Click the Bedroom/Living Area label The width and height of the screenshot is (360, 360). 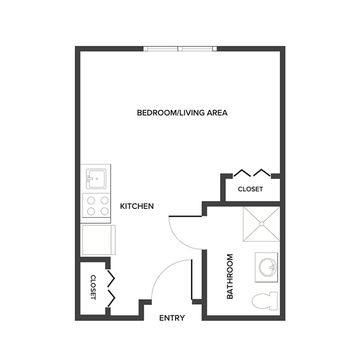point(182,113)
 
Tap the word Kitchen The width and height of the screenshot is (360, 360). point(137,206)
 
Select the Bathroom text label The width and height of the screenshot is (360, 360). point(230,276)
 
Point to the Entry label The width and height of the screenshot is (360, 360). point(172,318)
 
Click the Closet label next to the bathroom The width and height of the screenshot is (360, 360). point(250,189)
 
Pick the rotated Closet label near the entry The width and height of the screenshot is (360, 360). point(93,287)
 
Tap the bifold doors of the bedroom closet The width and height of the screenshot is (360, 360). point(251,172)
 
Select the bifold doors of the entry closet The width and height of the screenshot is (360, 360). point(111,287)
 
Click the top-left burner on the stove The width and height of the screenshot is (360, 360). point(90,201)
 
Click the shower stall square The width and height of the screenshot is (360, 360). point(260,224)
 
